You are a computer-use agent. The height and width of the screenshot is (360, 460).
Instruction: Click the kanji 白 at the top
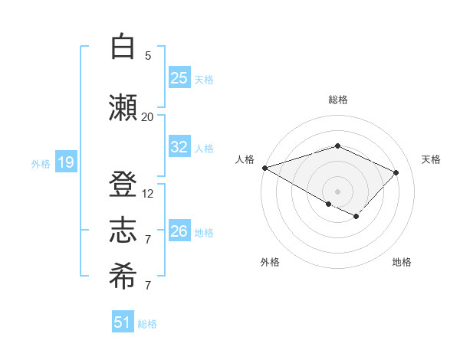[x=123, y=47]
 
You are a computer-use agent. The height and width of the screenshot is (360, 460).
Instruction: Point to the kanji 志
[x=123, y=231]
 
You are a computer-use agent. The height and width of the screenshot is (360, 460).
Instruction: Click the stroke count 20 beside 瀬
[x=147, y=116]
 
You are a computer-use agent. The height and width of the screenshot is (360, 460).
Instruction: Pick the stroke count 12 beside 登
[x=148, y=193]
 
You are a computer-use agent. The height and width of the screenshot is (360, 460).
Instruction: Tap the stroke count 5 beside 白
[x=148, y=55]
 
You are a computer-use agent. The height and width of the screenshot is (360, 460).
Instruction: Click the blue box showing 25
[x=179, y=78]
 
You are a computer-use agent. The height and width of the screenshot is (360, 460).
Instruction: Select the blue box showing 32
[x=179, y=147]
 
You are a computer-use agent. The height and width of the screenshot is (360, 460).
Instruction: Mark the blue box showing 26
[x=179, y=231]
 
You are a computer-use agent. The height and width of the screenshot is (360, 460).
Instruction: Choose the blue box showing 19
[x=65, y=162]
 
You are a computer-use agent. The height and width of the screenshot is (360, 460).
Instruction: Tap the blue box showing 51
[x=123, y=322]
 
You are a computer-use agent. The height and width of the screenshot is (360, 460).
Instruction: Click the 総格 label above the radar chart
[x=337, y=100]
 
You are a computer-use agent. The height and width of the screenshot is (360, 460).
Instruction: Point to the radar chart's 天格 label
[x=431, y=159]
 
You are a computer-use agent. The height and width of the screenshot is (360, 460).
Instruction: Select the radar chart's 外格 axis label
[x=270, y=262]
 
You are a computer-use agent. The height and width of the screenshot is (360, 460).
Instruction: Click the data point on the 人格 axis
[x=264, y=168]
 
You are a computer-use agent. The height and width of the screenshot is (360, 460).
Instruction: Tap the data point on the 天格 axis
[x=396, y=172]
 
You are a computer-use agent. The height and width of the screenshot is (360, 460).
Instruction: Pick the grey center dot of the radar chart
[x=337, y=191]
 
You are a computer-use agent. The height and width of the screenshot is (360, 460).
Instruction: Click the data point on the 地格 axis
[x=356, y=217]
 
